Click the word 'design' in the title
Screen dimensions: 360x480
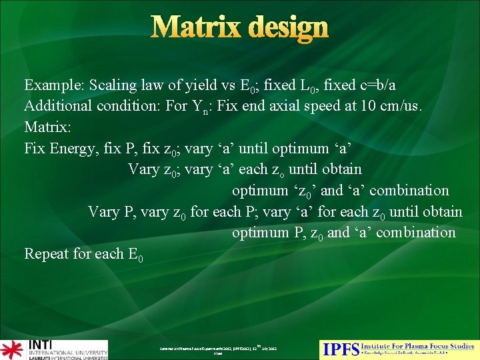[x=289, y=28]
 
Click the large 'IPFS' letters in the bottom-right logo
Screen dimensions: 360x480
[x=340, y=349]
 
